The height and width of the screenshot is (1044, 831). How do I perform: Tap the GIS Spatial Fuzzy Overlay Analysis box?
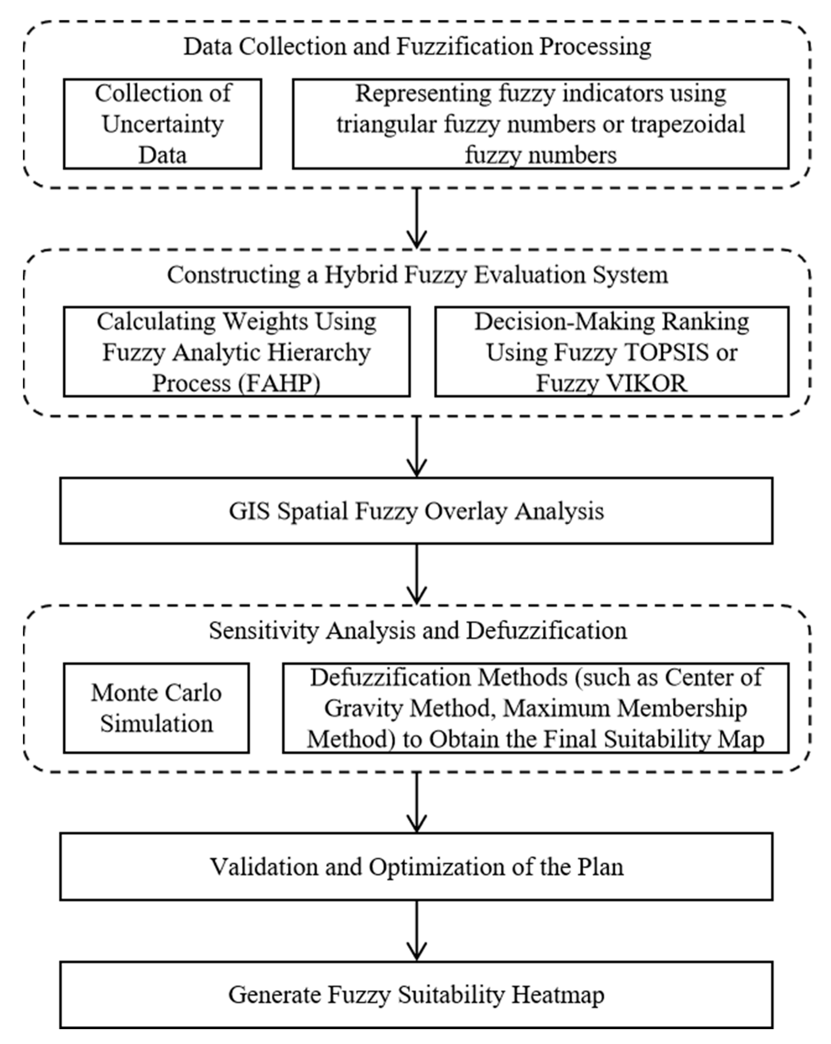coord(416,511)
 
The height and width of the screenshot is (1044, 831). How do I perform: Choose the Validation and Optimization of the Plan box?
coord(416,867)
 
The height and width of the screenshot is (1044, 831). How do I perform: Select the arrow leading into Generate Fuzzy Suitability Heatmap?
coord(416,931)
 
